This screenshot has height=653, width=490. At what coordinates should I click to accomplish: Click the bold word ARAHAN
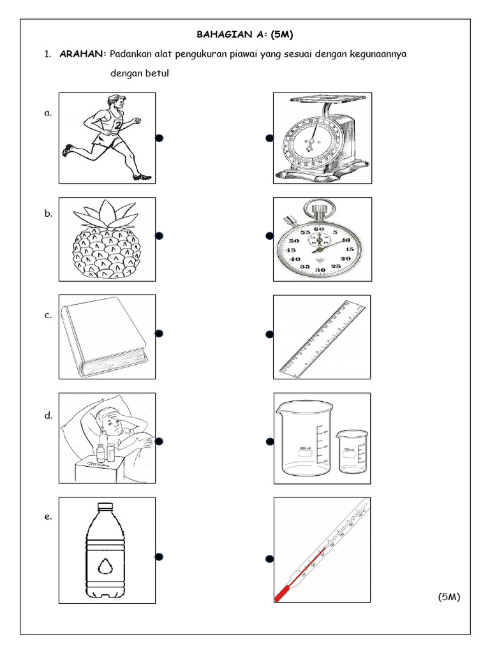coord(82,54)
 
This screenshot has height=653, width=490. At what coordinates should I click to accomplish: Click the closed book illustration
coord(105,338)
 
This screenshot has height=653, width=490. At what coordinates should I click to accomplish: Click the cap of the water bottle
coord(106,508)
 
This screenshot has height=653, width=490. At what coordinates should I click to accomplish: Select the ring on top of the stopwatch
coord(316,208)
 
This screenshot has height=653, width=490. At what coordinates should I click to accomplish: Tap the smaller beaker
coord(352,451)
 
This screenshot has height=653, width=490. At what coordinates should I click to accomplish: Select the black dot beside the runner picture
coord(159,138)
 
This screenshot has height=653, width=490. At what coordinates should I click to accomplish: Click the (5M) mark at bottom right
coord(449,596)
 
